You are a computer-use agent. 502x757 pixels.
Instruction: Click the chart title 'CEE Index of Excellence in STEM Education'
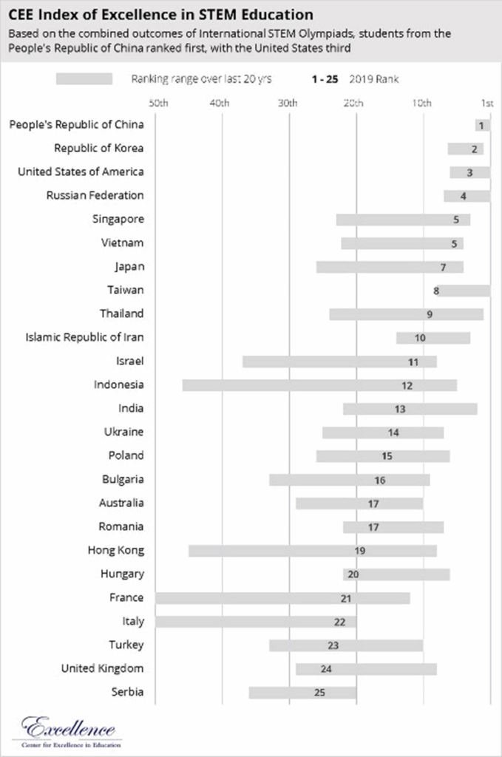[x=160, y=15]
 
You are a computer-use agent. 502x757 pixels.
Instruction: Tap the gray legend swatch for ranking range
[x=84, y=79]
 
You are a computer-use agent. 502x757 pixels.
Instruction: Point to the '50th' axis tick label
[x=159, y=103]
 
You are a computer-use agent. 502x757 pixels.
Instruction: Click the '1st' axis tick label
[x=487, y=103]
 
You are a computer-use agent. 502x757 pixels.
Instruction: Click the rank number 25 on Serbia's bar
[x=319, y=693]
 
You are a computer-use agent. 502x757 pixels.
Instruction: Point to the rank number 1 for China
[x=481, y=126]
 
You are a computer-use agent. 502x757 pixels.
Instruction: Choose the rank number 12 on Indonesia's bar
[x=407, y=386]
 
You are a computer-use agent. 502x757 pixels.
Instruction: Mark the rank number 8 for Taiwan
[x=436, y=291]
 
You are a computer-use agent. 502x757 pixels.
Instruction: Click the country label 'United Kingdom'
[x=103, y=669]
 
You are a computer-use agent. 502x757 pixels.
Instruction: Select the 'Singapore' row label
[x=118, y=220]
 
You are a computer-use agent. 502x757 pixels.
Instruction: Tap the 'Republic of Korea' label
[x=99, y=149]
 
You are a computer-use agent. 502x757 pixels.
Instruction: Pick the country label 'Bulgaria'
[x=123, y=480]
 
